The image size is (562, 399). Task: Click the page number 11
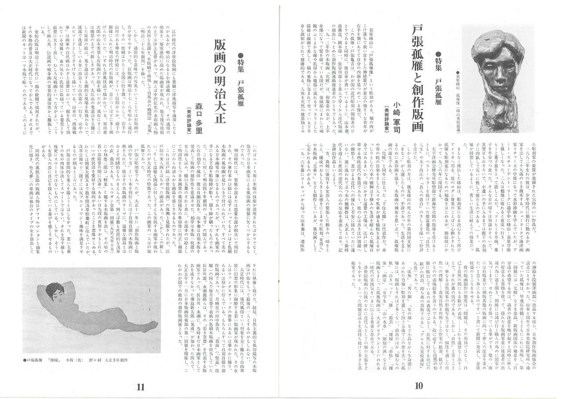pos(140,387)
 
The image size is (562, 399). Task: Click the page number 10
pos(419,386)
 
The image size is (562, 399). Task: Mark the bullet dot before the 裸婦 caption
pos(23,360)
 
